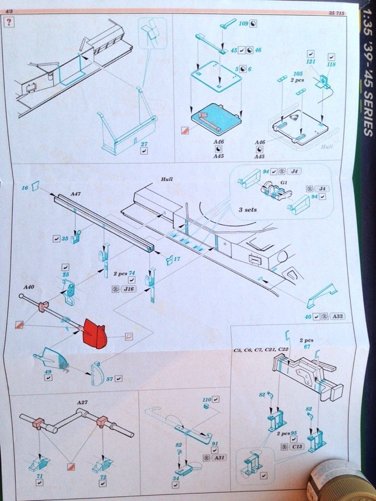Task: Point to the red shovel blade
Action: point(95,333)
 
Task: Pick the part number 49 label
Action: point(47,372)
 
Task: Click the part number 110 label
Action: point(206,400)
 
